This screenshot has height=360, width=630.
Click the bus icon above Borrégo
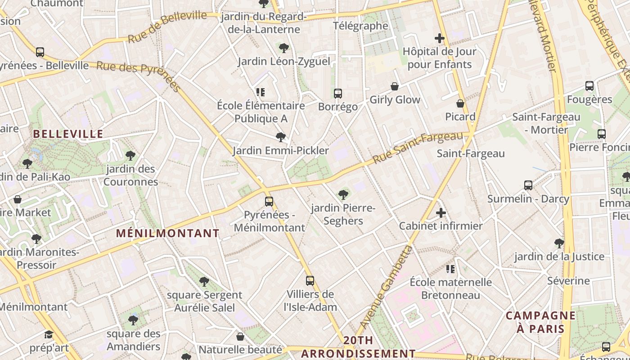click(x=338, y=94)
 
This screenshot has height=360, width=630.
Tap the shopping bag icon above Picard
click(x=460, y=103)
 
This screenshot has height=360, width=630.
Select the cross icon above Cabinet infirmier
click(x=441, y=213)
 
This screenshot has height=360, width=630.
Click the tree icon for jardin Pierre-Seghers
click(x=343, y=195)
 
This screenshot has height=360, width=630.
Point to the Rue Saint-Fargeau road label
click(x=418, y=148)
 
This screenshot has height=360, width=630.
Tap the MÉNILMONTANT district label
click(x=168, y=233)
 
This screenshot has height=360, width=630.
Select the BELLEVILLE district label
click(x=68, y=134)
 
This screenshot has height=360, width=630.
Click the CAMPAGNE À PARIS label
click(x=540, y=322)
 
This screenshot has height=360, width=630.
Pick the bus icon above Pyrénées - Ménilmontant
click(x=269, y=202)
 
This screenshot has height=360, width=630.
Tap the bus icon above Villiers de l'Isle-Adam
click(x=310, y=281)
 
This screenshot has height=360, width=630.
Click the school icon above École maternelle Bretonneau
click(x=450, y=269)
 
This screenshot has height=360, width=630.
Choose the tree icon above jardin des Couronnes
click(x=130, y=156)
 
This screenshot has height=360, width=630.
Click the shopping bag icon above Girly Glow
click(x=395, y=86)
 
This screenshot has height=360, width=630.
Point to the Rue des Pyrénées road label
click(x=139, y=75)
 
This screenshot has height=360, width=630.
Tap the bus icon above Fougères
click(x=589, y=86)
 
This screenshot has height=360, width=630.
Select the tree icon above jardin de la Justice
click(x=559, y=243)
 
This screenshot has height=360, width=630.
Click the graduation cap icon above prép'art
click(x=49, y=335)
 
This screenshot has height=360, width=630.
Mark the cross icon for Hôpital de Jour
click(x=440, y=39)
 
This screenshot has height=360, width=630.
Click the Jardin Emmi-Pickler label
click(x=281, y=150)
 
